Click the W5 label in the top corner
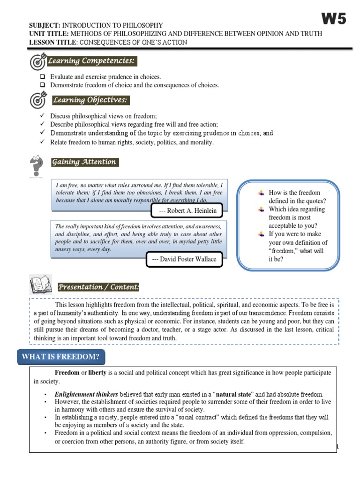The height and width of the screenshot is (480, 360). tap(334, 19)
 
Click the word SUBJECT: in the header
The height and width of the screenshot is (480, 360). tap(45, 25)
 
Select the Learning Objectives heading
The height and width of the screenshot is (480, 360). tap(90, 100)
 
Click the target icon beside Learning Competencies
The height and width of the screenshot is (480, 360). tap(38, 61)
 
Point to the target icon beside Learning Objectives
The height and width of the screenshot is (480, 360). tap(38, 100)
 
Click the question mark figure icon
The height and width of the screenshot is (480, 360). tap(36, 165)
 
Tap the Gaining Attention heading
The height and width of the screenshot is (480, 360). tap(84, 162)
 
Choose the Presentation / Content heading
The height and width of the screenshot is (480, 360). tap(98, 287)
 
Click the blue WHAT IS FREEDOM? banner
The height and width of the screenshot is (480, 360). tap(61, 357)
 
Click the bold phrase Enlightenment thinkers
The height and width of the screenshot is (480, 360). tap(86, 394)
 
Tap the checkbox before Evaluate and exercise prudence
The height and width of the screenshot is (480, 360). tap(42, 77)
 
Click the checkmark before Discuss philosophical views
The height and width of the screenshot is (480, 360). tap(42, 116)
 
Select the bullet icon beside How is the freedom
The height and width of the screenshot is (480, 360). tap(262, 193)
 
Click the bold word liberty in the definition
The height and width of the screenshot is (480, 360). tap(98, 373)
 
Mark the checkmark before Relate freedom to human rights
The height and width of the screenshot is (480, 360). tap(42, 142)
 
